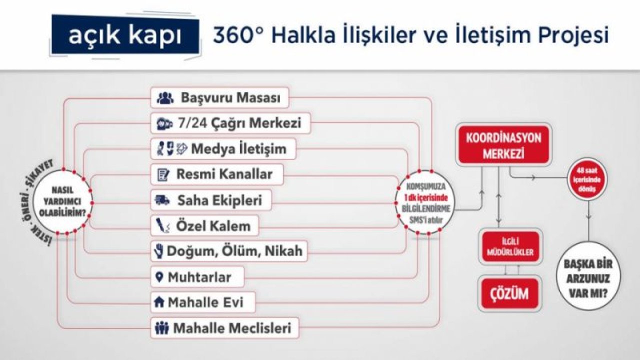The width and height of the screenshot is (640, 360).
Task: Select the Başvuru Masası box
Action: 220,98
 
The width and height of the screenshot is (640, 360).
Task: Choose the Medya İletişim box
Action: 223,149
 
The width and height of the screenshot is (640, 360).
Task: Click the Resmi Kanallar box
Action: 217,174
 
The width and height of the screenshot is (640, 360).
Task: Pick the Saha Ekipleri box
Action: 211,200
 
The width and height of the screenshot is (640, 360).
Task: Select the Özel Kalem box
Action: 204,226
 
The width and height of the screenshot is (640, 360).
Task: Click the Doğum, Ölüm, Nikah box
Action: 228,251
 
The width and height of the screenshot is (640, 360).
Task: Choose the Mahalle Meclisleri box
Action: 224,328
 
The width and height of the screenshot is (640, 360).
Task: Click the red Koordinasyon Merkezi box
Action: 504,145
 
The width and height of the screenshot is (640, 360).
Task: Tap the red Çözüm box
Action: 509,293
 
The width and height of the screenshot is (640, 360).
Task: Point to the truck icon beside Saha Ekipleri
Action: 162,200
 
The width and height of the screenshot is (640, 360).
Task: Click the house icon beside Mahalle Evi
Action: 159,302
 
